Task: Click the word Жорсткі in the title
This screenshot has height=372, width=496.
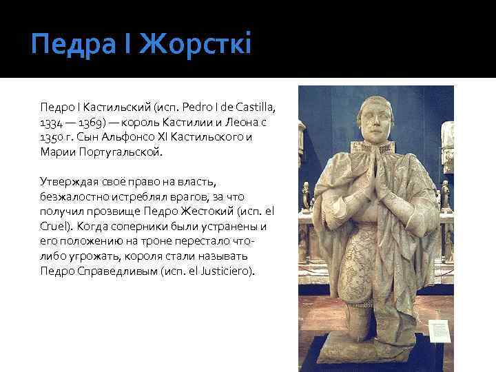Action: tap(196, 46)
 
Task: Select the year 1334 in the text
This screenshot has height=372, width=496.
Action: tap(51, 121)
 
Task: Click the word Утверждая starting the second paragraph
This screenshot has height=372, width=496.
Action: tap(65, 181)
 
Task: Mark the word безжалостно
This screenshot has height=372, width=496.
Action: tap(73, 196)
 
